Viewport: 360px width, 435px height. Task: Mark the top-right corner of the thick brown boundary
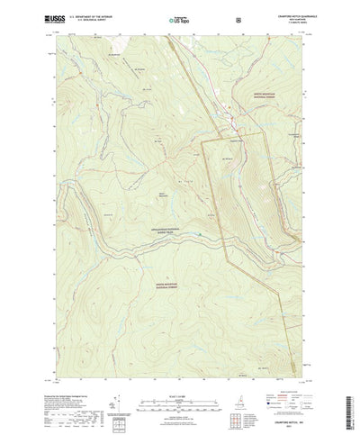(266, 132)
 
